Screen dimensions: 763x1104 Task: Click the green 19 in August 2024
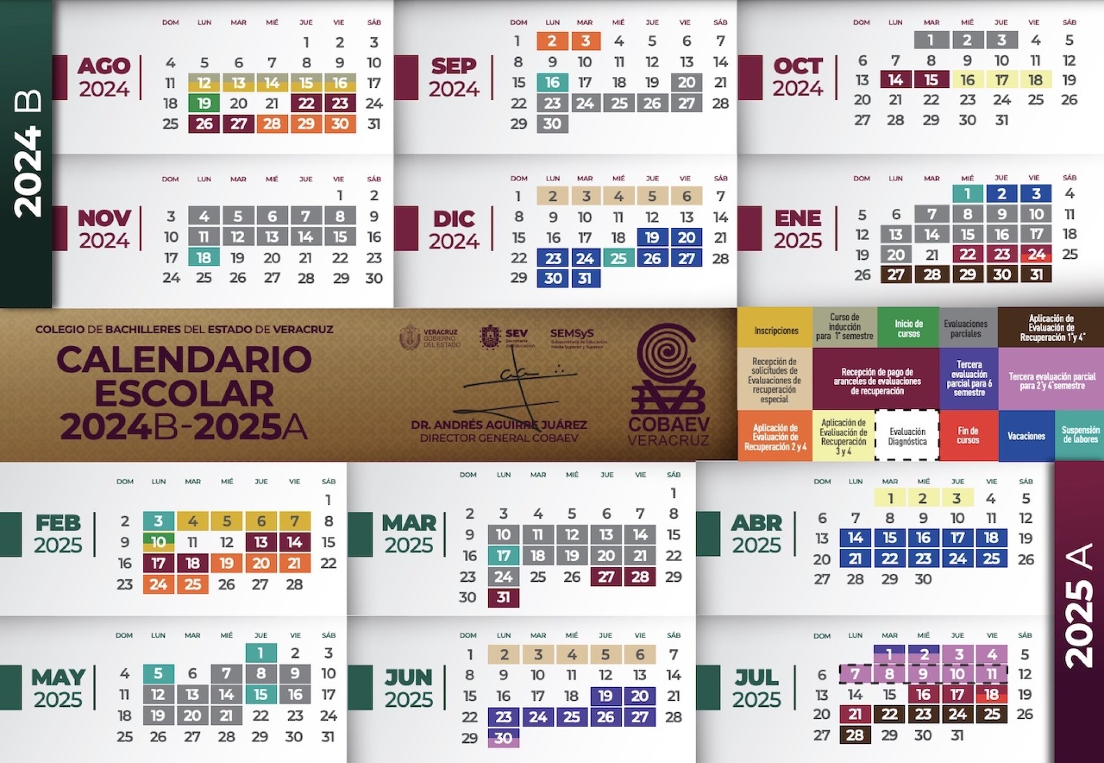pos(204,103)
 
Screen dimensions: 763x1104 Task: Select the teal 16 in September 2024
pos(552,82)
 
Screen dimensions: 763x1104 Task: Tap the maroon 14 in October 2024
pos(895,79)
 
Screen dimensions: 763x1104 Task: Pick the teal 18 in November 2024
pos(204,258)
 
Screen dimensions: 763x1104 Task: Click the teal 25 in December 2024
pos(618,258)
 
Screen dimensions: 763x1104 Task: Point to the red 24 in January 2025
pos(1036,254)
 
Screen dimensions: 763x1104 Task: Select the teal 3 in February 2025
pos(158,521)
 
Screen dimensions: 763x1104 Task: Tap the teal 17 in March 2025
pos(503,556)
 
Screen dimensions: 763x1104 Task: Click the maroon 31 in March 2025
pos(503,598)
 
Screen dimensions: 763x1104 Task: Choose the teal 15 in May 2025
pos(261,695)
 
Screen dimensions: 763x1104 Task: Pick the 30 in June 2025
pos(503,738)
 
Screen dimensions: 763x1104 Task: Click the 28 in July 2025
pos(855,735)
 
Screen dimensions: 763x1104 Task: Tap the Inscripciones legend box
pos(776,331)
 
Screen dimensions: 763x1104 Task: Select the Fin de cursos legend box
pos(968,436)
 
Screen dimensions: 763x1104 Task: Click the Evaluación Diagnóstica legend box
pos(907,436)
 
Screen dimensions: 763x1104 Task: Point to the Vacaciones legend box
pos(1026,436)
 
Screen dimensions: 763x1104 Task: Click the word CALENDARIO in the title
pos(184,359)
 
